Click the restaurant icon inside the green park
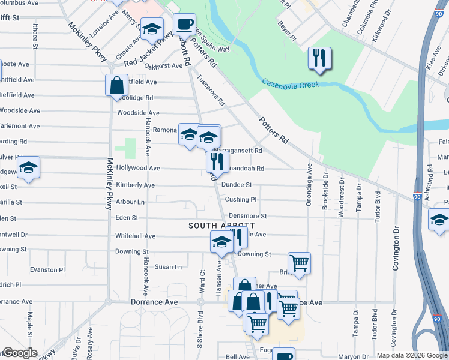pos(318,59)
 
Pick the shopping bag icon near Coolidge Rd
pos(116,85)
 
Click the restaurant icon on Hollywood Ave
pos(217,161)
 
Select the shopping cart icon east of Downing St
pos(299,263)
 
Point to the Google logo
pos(20,353)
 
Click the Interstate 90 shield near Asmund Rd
pos(417,196)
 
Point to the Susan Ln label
pos(168,267)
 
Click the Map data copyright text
pos(411,355)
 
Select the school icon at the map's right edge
pos(439,220)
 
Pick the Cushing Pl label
pos(241,199)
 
